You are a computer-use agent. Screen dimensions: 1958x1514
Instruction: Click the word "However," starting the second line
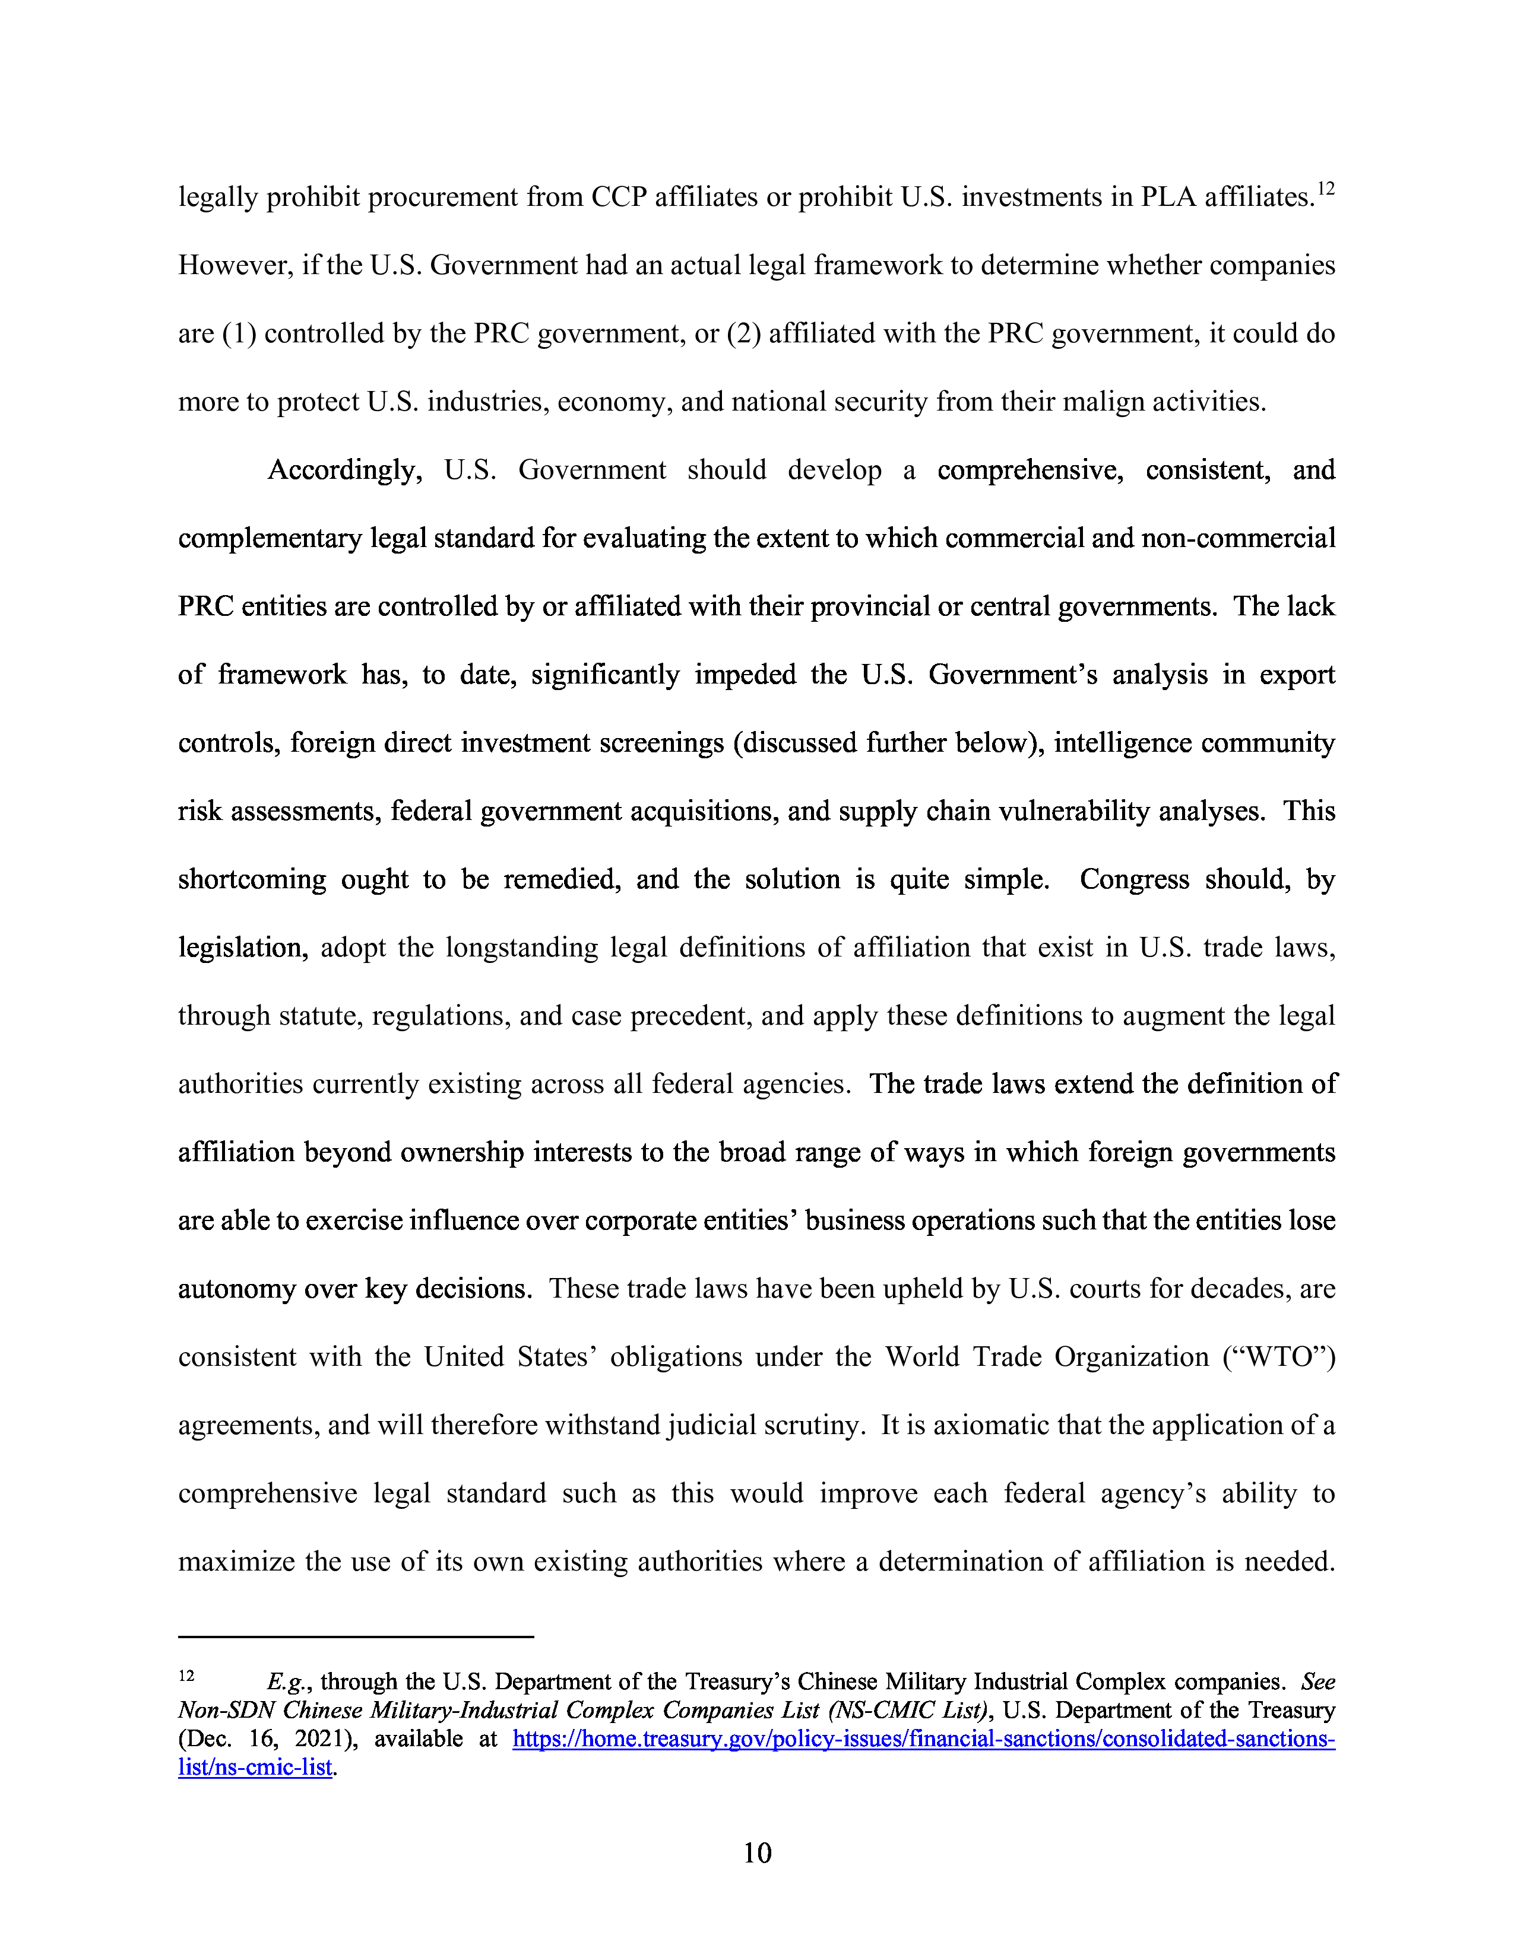click(x=228, y=265)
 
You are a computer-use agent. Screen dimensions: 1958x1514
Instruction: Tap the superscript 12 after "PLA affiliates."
click(x=1326, y=189)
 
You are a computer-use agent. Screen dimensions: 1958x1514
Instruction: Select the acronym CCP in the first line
click(x=619, y=197)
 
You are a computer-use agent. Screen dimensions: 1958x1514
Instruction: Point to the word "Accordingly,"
click(x=344, y=471)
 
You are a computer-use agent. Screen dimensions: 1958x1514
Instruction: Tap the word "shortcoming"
click(x=252, y=879)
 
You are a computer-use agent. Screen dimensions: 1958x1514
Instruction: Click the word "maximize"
click(x=233, y=1562)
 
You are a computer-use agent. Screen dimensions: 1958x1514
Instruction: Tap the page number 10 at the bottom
click(x=757, y=1853)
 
